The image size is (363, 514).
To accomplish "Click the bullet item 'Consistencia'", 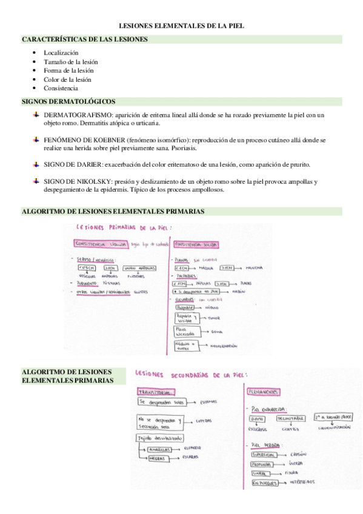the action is pos(61,88).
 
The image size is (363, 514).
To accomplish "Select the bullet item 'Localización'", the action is pos(61,53).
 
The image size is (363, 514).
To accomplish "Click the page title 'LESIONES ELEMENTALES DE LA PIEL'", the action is pos(181,27).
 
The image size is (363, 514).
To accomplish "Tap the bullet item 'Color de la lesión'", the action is pos(67,79).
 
